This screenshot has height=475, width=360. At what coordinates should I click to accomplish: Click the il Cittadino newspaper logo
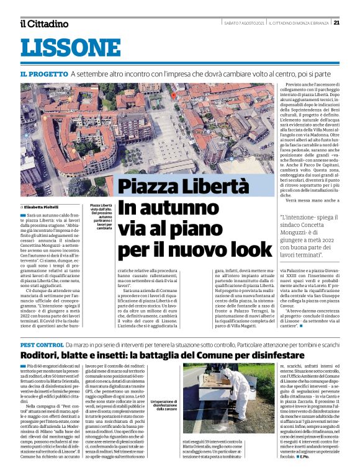point(44,24)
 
